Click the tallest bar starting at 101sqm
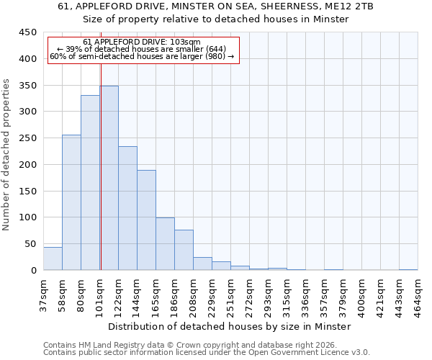(109, 178)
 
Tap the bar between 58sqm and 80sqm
(71, 202)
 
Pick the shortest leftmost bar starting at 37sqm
(53, 258)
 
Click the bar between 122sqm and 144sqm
(127, 208)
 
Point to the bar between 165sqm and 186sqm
(165, 243)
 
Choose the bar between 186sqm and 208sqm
(184, 250)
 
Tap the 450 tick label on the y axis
(27, 32)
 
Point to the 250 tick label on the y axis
(27, 138)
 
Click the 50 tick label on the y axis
(30, 244)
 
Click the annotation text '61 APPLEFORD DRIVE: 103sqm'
(142, 42)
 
